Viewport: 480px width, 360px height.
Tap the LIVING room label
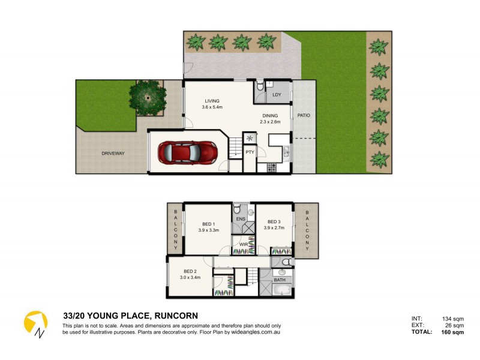212,101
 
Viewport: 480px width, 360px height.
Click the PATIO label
304,115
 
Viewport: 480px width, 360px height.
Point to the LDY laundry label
277,95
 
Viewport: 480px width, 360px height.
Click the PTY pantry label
250,152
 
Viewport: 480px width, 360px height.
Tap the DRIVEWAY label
113,154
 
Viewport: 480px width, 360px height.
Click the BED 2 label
190,271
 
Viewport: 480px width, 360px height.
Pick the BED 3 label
274,221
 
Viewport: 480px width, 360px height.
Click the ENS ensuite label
240,220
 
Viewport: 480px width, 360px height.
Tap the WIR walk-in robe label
244,244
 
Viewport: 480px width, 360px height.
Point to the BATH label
280,280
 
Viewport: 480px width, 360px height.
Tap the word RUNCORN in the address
176,316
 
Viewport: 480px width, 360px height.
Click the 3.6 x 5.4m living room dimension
212,107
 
